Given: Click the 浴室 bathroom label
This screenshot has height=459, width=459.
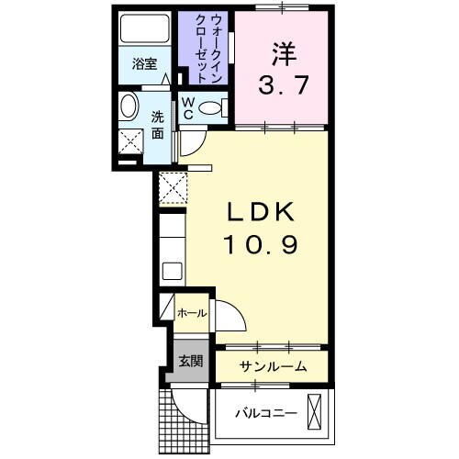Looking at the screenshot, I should coord(145,64).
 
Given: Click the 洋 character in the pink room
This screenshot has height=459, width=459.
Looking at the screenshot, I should coord(282,53).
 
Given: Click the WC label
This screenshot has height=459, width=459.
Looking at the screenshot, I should coord(186,109).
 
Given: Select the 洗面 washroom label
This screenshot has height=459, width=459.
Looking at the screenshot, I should coord(158,125).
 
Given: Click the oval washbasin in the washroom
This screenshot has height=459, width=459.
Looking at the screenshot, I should coord(129,106).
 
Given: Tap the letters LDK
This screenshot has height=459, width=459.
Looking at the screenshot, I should coord(261,213).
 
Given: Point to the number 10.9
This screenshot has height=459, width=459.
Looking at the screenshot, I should coord(261,246).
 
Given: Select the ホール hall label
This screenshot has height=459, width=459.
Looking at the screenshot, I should coord(192,314).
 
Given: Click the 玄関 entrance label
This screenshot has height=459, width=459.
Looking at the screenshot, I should coord(191,359).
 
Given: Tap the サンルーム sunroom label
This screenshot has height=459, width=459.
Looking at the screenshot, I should coord(272,366).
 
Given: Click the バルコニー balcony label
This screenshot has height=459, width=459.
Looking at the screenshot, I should coord(264,414).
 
